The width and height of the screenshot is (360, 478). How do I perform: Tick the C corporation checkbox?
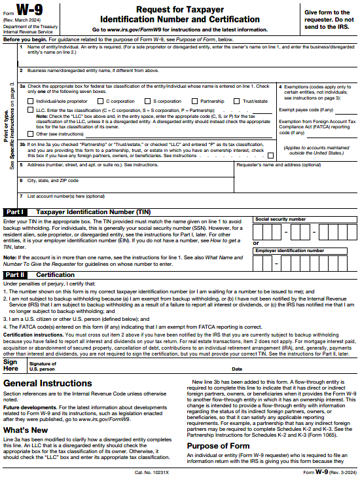pyautogui.click(x=103, y=101)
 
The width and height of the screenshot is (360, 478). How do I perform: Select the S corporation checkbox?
pyautogui.click(x=149, y=101)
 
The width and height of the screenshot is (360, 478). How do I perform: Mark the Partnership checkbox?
pyautogui.click(x=196, y=101)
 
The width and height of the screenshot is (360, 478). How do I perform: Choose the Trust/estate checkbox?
pyautogui.click(x=238, y=101)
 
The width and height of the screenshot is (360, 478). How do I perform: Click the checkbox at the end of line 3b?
pyautogui.click(x=270, y=155)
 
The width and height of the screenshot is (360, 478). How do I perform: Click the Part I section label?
pyautogui.click(x=15, y=212)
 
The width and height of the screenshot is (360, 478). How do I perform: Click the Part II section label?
pyautogui.click(x=15, y=275)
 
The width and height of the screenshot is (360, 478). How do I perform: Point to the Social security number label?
pyautogui.click(x=280, y=219)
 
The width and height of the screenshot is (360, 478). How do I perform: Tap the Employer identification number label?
pyautogui.click(x=289, y=250)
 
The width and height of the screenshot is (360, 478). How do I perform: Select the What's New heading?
pyautogui.click(x=26, y=429)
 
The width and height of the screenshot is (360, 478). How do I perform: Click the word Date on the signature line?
pyautogui.click(x=237, y=369)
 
